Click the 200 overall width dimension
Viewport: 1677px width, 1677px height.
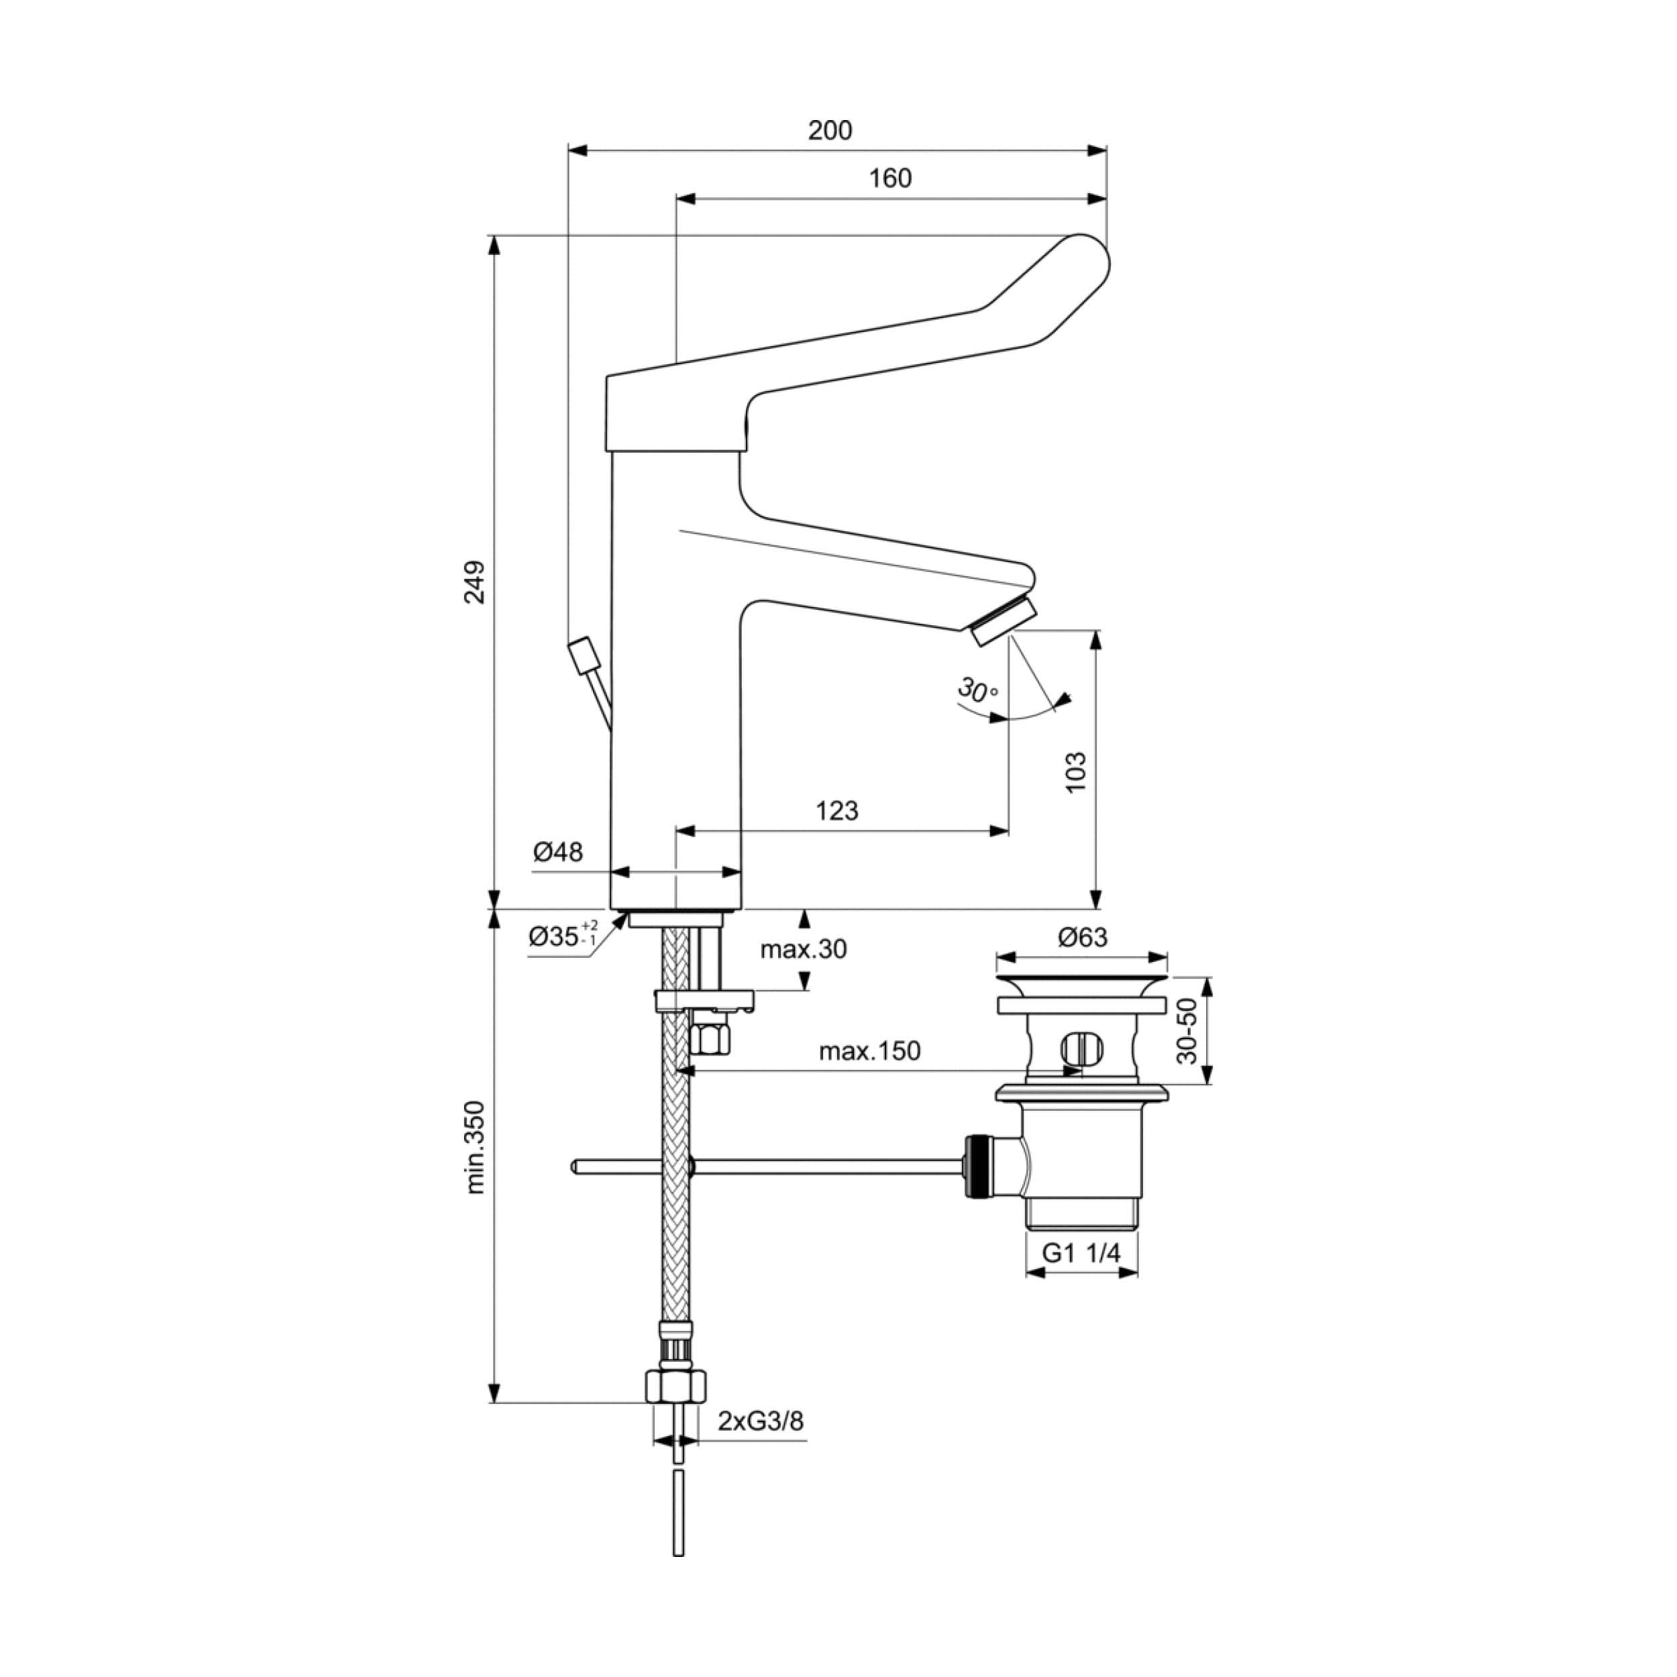pos(830,130)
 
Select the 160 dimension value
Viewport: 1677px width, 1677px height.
pos(891,178)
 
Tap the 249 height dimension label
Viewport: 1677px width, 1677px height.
pos(474,582)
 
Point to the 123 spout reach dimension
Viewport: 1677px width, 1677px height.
pos(836,811)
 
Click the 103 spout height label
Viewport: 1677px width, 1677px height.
pos(1075,771)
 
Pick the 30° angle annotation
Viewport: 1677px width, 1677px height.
pos(978,692)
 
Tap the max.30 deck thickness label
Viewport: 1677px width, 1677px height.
pos(803,950)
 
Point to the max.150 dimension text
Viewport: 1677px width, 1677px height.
pos(870,1051)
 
